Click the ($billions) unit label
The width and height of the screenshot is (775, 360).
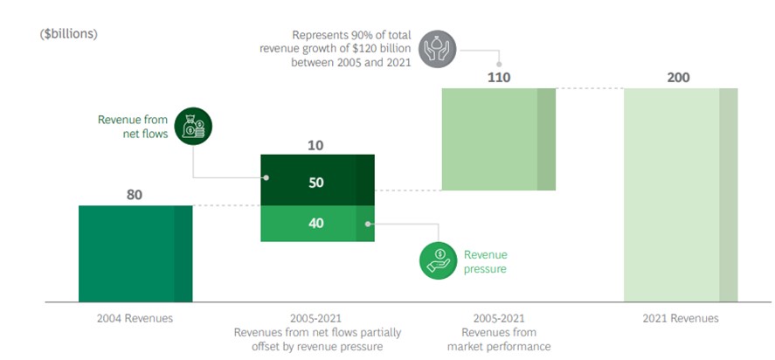[69, 34]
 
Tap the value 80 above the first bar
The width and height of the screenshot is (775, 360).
[134, 194]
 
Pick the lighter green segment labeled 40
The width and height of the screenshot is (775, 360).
[316, 224]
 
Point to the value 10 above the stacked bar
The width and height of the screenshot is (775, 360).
[316, 143]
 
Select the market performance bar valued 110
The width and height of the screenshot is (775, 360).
[498, 139]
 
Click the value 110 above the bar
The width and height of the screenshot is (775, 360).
[498, 77]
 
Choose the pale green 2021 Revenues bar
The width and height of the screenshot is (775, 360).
[680, 194]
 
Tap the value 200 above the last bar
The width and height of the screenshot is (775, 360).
[678, 77]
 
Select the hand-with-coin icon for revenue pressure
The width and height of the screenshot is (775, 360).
[438, 261]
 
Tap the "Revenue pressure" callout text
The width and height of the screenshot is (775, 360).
[485, 261]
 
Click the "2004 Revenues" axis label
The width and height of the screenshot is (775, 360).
[135, 318]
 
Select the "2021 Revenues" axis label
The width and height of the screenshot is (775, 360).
[681, 318]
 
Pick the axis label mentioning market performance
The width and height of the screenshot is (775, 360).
[499, 332]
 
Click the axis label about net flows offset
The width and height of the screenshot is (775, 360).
[316, 332]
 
